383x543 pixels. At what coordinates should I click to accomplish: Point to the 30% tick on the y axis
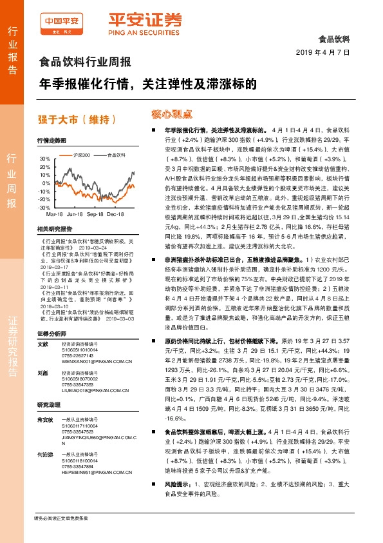(44, 158)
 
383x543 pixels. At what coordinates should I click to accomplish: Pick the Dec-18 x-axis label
(115, 213)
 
